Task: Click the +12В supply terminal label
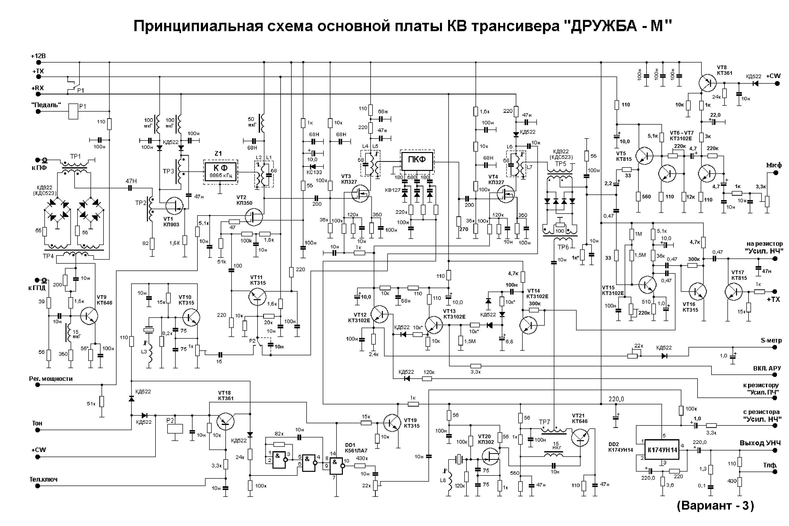click(38, 56)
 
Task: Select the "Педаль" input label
click(46, 105)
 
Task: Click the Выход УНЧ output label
click(761, 443)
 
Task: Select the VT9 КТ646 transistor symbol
click(89, 316)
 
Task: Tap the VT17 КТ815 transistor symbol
click(733, 292)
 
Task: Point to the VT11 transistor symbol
click(257, 296)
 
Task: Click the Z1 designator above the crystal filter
click(218, 154)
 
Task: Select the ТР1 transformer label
click(76, 157)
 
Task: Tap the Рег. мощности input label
click(51, 379)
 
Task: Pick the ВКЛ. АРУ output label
click(767, 368)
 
